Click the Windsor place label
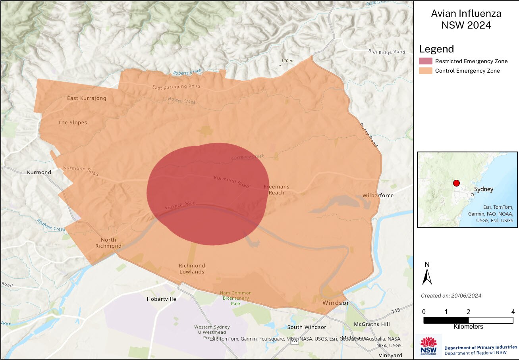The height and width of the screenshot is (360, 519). click(336, 303)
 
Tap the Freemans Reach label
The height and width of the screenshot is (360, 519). click(276, 189)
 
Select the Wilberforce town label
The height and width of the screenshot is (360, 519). click(378, 195)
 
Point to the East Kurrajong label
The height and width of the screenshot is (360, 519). click(87, 98)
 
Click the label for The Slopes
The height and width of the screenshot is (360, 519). click(72, 122)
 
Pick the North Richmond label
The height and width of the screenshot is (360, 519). click(108, 243)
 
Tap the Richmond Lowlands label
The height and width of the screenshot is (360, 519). click(191, 268)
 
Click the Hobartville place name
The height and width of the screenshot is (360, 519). click(161, 299)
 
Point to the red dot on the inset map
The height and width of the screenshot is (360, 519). click(456, 183)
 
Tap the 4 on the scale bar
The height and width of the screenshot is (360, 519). click(513, 311)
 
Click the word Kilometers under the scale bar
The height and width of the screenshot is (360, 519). click(468, 327)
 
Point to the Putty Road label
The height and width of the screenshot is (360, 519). click(368, 135)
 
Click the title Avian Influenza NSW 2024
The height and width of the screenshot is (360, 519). click(466, 19)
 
